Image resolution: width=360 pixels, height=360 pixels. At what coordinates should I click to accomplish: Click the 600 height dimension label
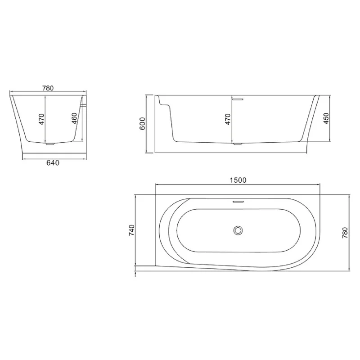[142, 123]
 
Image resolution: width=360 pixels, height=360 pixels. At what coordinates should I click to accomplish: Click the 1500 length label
[237, 180]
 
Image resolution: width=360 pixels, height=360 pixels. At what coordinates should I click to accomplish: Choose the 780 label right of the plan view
[345, 232]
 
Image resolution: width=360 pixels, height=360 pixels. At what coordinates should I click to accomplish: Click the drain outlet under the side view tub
[237, 144]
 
